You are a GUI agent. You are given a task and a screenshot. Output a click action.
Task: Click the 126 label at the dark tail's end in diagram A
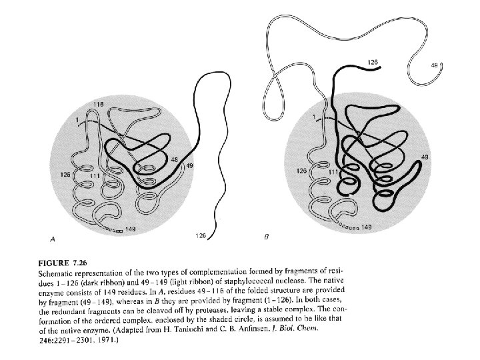[200, 235]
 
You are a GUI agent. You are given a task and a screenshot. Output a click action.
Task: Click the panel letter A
[53, 237]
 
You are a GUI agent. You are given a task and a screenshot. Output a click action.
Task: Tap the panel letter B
[267, 237]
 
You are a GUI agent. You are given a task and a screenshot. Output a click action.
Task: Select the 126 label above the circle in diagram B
[373, 62]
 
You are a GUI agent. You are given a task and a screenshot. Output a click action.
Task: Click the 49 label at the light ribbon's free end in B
[435, 65]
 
